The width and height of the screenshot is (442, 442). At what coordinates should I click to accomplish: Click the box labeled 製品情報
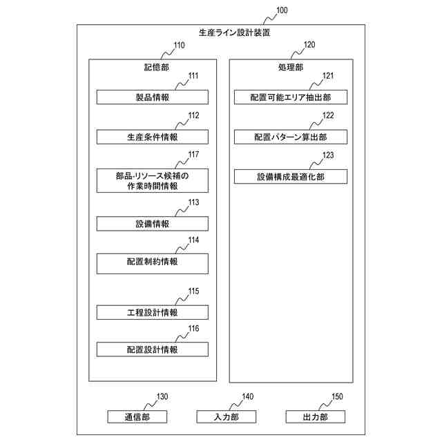point(152,97)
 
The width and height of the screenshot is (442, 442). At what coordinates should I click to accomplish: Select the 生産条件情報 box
point(152,137)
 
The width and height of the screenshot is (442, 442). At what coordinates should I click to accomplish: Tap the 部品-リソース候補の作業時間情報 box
point(152,180)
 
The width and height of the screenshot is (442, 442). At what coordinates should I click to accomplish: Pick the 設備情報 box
point(152,224)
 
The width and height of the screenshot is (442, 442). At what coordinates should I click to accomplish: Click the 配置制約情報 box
point(152,262)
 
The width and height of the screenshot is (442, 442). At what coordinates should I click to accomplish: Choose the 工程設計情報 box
point(152,312)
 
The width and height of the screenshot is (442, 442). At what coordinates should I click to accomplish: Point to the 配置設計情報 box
point(152,349)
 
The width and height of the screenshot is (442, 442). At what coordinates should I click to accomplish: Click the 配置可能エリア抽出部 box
point(290,97)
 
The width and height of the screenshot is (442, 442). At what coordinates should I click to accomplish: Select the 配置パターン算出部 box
point(290,137)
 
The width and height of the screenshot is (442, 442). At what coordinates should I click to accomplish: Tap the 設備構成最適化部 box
point(290,177)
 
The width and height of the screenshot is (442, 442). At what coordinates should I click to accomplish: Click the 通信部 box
point(137,416)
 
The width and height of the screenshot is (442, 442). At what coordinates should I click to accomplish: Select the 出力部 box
point(315,416)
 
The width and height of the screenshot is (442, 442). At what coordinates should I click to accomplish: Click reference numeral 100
point(282,10)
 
